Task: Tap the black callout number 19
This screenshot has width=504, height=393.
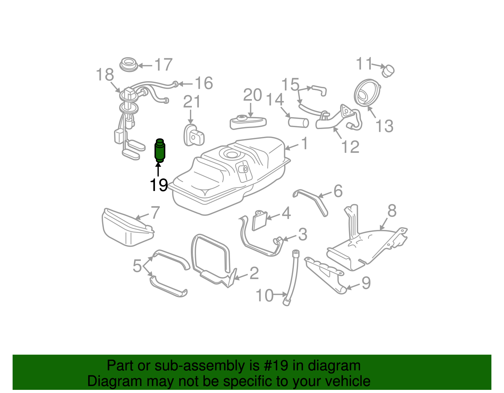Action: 159,185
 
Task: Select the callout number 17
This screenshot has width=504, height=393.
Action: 163,65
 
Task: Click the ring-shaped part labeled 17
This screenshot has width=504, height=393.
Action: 129,64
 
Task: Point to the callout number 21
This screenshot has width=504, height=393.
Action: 192,102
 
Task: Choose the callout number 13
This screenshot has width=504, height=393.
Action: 385,126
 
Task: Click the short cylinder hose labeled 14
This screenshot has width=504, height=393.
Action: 298,122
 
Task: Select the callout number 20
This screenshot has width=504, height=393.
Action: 253,95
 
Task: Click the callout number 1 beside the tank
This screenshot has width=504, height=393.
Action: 304,143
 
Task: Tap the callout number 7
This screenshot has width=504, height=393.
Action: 155,213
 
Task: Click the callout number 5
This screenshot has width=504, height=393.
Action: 137,266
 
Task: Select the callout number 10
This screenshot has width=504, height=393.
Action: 265,295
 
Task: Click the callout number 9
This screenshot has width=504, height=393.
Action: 366,283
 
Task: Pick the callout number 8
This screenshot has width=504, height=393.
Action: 392,211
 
